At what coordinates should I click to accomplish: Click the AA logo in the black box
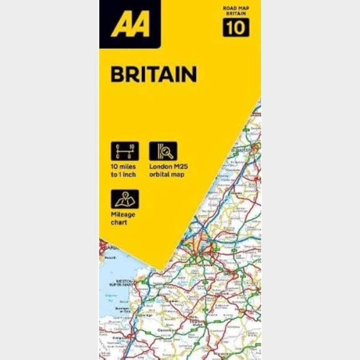point(130,25)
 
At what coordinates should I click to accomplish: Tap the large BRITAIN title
point(154,74)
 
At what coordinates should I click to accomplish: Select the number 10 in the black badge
point(236,28)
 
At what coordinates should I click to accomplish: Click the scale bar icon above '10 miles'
point(125,151)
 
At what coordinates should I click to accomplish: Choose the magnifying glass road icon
point(163,151)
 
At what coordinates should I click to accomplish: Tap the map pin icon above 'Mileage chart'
point(125,199)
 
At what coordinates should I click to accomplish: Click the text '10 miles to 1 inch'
point(123,170)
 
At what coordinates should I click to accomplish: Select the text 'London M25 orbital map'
point(167,170)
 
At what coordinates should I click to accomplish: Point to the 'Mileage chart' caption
point(122,218)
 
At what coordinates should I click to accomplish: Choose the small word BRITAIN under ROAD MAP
point(236,14)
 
